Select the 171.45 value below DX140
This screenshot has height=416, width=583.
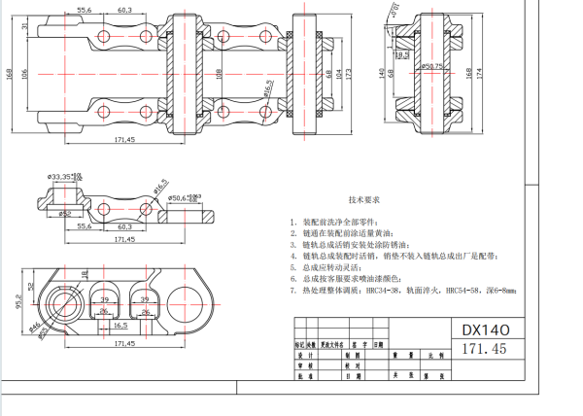pyautogui.click(x=487, y=347)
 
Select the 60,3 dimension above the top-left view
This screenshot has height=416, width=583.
pyautogui.click(x=124, y=9)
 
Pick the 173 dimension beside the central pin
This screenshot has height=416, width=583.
pyautogui.click(x=349, y=74)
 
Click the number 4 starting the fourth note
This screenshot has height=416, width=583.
pyautogui.click(x=293, y=256)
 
